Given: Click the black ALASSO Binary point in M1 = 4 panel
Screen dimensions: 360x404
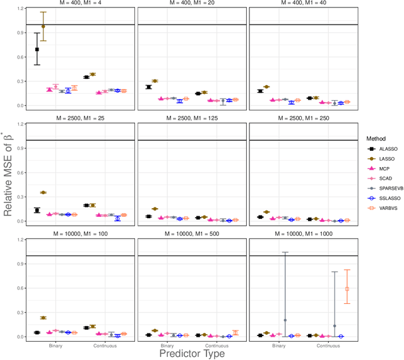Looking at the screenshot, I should click(37, 49).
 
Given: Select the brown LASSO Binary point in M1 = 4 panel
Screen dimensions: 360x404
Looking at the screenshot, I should click(43, 26).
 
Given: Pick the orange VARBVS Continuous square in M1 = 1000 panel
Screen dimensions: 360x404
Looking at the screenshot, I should click(347, 289).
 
